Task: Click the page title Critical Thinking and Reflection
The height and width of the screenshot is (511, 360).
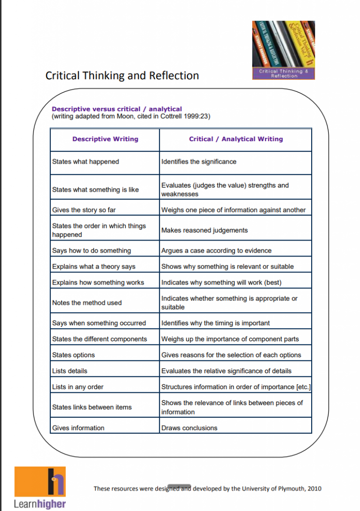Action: (x=122, y=76)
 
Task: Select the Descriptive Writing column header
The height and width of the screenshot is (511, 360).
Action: (x=105, y=139)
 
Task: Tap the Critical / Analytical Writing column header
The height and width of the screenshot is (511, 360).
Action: (x=236, y=139)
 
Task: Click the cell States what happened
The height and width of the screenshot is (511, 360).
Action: (x=86, y=162)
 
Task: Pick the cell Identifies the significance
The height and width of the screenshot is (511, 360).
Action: (x=199, y=162)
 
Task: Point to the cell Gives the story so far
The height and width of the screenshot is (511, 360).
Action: (x=84, y=210)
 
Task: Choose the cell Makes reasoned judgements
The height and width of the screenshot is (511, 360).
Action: (x=204, y=230)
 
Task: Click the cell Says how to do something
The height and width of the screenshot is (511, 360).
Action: (x=92, y=251)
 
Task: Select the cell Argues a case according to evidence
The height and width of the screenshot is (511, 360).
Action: (x=216, y=251)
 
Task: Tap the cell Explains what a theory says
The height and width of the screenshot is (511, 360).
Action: (x=94, y=266)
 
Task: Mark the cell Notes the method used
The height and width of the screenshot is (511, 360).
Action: (x=87, y=303)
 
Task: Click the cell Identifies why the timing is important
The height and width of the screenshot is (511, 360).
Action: (x=215, y=323)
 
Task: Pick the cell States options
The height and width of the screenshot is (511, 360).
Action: (x=73, y=355)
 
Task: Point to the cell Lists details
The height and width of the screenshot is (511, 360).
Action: (x=70, y=371)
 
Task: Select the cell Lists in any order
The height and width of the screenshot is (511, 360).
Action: (x=78, y=387)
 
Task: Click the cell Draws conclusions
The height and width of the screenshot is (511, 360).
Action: (x=189, y=428)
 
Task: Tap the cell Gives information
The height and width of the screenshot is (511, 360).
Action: (x=78, y=428)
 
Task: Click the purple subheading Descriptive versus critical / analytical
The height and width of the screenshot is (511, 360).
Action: (x=117, y=109)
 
